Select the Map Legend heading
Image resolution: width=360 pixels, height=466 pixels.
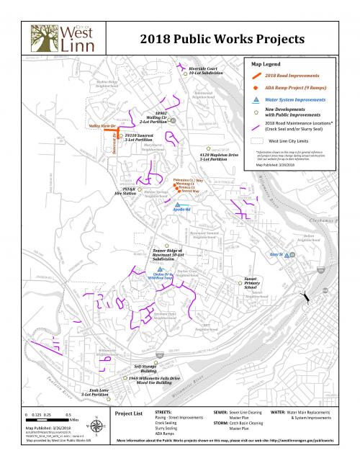266,64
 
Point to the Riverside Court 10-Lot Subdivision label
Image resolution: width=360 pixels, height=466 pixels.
207,71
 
